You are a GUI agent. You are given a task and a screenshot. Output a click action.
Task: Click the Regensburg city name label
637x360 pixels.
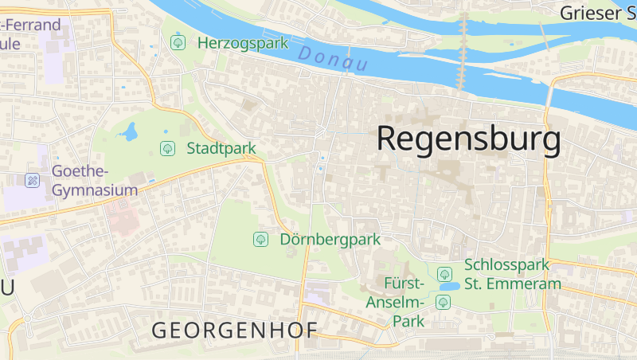tap(468, 139)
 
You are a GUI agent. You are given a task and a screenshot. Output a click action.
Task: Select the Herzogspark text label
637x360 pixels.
tap(243, 43)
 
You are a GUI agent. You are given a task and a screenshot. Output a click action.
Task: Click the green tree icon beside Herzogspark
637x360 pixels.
tap(178, 42)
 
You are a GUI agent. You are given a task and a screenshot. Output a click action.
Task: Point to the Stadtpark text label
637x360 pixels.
tap(221, 148)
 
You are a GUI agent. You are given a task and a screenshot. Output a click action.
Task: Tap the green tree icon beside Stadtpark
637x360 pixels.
tap(167, 148)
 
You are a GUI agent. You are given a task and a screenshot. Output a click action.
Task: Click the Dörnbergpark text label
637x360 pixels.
tap(330, 239)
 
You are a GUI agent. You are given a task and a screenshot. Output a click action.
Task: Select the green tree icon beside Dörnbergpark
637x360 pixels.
tap(260, 239)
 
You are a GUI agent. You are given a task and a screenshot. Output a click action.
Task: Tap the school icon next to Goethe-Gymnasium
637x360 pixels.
tap(33, 181)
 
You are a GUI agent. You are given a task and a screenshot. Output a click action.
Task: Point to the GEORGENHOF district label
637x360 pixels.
tap(235, 330)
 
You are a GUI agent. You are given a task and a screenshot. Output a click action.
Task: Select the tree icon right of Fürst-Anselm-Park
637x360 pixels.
tap(443, 302)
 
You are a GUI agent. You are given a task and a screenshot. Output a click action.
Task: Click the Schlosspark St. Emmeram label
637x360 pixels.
tap(513, 273)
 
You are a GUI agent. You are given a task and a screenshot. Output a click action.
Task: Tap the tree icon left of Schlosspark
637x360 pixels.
tap(444, 273)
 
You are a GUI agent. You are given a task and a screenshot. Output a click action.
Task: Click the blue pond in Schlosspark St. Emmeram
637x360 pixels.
tap(448, 286)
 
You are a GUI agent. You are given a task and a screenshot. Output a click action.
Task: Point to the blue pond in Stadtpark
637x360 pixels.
tap(129, 131)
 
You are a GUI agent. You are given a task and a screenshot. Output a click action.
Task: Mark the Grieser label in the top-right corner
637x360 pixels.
tap(597, 13)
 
